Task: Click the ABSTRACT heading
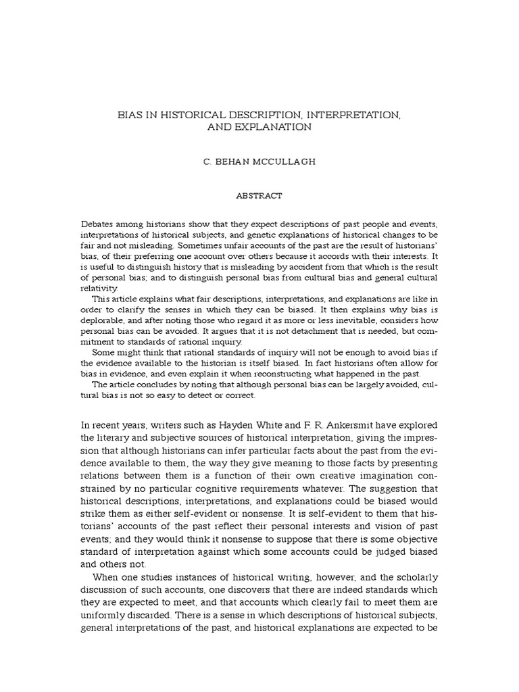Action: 259,195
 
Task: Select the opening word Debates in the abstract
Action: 98,224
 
